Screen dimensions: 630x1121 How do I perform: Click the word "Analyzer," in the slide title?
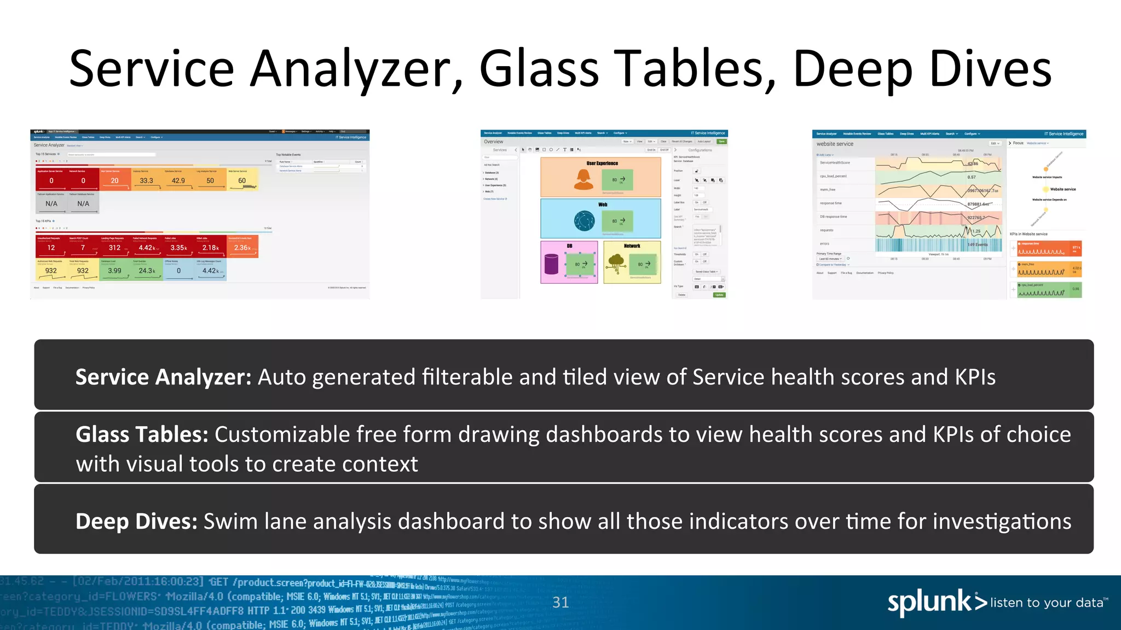pyautogui.click(x=356, y=69)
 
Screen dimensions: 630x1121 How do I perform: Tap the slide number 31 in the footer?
pyautogui.click(x=560, y=602)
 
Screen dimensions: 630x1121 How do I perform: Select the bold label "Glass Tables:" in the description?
pyautogui.click(x=142, y=434)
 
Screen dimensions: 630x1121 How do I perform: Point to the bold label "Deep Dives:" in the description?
pyautogui.click(x=136, y=521)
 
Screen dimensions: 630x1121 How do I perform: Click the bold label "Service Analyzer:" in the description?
pyautogui.click(x=163, y=377)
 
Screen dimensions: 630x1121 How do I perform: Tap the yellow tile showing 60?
pyautogui.click(x=242, y=180)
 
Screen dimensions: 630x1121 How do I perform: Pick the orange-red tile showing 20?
pyautogui.click(x=114, y=180)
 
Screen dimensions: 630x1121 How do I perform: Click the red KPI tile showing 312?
pyautogui.click(x=114, y=247)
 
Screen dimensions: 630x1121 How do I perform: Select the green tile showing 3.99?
pyautogui.click(x=114, y=270)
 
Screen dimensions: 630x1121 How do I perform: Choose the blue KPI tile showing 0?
pyautogui.click(x=178, y=270)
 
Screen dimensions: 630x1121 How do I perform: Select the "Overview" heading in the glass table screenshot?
pyautogui.click(x=493, y=142)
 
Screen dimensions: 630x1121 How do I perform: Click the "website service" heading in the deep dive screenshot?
pyautogui.click(x=835, y=144)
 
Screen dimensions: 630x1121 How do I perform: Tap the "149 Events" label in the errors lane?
pyautogui.click(x=978, y=244)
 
